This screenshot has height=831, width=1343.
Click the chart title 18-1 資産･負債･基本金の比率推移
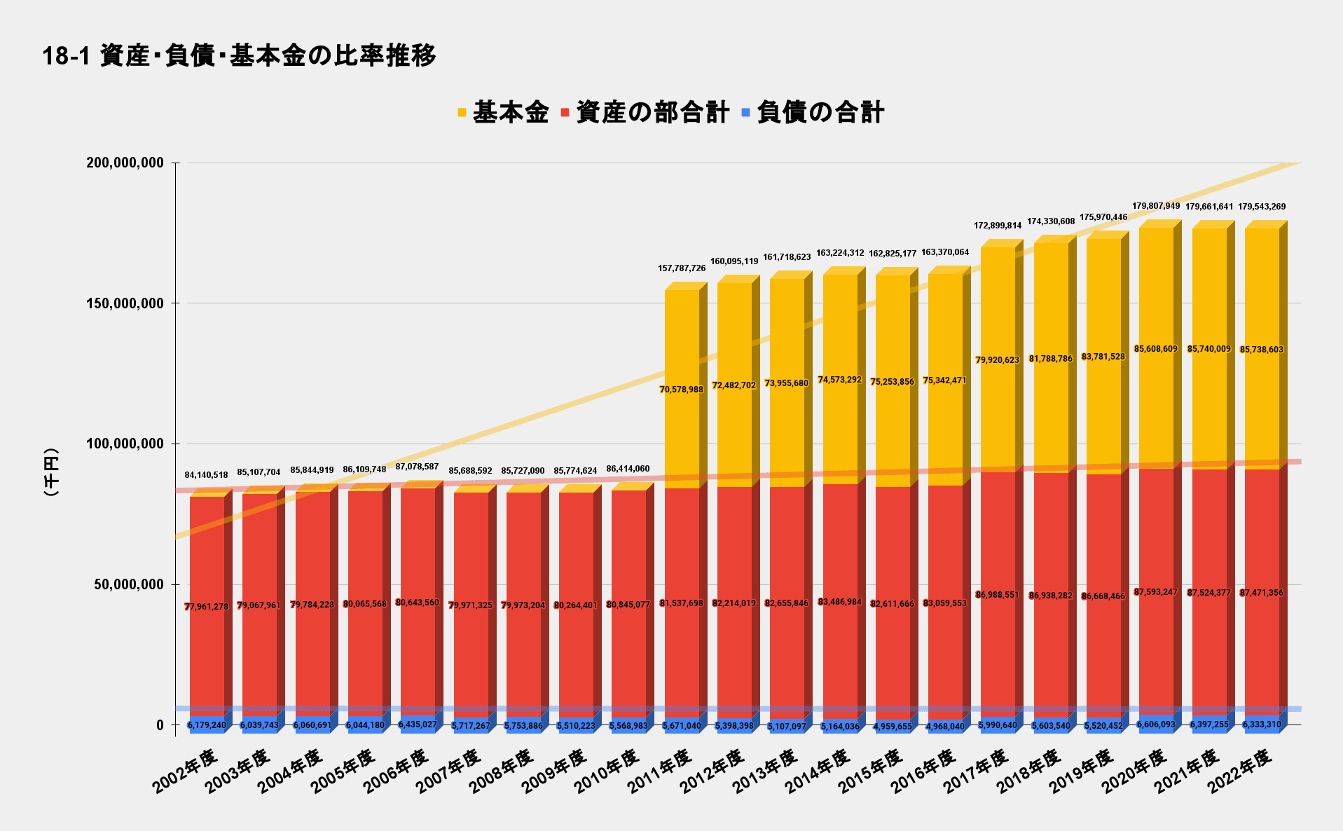tap(239, 55)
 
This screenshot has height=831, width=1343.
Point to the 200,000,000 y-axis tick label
tap(125, 163)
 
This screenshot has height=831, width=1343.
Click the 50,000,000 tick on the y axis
tap(129, 584)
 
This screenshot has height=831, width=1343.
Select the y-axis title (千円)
tap(50, 473)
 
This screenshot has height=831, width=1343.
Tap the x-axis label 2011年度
tap(660, 771)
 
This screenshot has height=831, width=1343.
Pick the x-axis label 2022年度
tap(1240, 771)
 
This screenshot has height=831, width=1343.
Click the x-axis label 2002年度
tap(186, 771)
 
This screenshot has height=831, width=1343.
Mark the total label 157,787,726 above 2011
tap(682, 268)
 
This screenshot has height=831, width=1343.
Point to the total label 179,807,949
tap(1156, 206)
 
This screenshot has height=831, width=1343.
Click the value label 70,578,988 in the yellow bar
tap(682, 390)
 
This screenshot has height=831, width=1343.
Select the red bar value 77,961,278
tap(207, 607)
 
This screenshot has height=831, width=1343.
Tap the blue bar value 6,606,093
tap(1156, 724)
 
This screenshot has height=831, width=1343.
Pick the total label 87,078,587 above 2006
tap(418, 467)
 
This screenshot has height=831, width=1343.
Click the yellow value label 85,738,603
tap(1262, 350)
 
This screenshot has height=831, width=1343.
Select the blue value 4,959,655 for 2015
tap(893, 727)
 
